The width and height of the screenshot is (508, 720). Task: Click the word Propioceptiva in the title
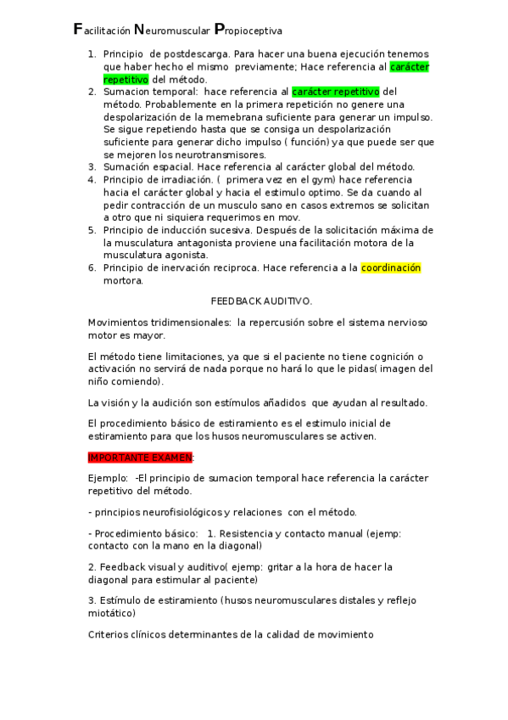(248, 31)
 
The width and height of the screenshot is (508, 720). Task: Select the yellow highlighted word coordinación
(391, 268)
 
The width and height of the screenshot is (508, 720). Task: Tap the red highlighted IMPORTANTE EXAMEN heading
(141, 457)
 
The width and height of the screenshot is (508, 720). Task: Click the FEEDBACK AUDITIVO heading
(261, 301)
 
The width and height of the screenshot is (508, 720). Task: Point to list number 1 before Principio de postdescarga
(92, 53)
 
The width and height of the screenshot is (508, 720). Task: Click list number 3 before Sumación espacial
(92, 167)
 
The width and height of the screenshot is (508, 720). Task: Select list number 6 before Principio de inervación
(92, 268)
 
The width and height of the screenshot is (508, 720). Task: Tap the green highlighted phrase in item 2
(336, 92)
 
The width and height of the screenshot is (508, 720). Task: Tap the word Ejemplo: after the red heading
(108, 478)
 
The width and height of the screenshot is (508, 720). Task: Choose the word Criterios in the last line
(109, 634)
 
